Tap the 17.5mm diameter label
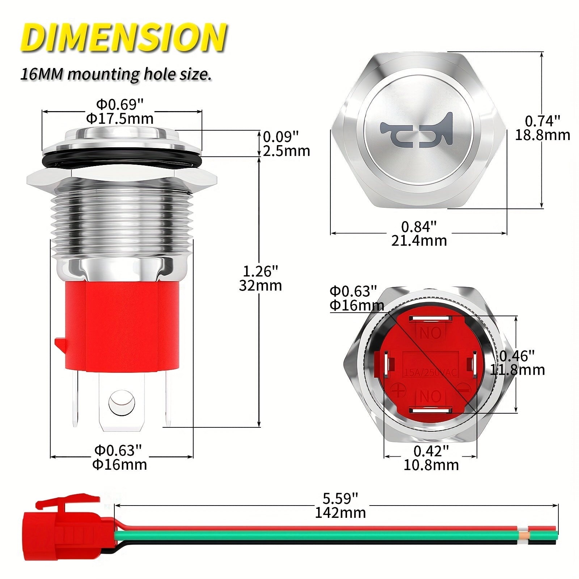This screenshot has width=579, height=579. click(120, 118)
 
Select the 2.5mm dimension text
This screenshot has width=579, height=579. click(286, 151)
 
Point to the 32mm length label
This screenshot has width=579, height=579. click(260, 286)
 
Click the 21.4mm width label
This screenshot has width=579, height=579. click(419, 241)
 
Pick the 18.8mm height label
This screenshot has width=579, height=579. click(542, 135)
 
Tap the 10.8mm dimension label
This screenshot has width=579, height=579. click(431, 465)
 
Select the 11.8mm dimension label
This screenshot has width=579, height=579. click(517, 370)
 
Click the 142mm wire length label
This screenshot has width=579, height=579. click(340, 512)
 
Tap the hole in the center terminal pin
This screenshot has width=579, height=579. click(122, 402)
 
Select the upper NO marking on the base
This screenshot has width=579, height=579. click(431, 332)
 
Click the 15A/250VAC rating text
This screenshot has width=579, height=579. click(431, 372)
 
